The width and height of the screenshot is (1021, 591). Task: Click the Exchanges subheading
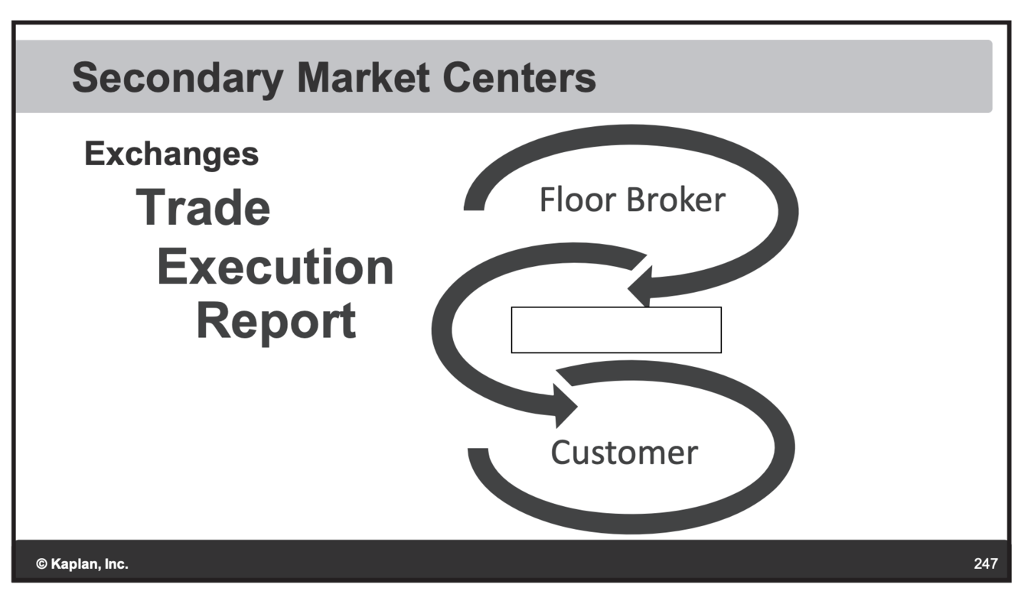[171, 154]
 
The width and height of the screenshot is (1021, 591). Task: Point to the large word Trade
[204, 207]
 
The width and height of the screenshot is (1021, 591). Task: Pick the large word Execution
[276, 267]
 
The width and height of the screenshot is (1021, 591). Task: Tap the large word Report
[276, 321]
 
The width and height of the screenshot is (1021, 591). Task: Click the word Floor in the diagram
[576, 200]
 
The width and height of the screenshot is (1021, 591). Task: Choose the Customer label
[624, 453]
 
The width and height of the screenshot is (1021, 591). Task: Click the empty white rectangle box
[616, 330]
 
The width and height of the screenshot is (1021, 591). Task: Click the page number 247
[986, 564]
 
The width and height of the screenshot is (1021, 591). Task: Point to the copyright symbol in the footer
[41, 565]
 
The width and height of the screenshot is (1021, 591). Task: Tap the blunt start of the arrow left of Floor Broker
[474, 200]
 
